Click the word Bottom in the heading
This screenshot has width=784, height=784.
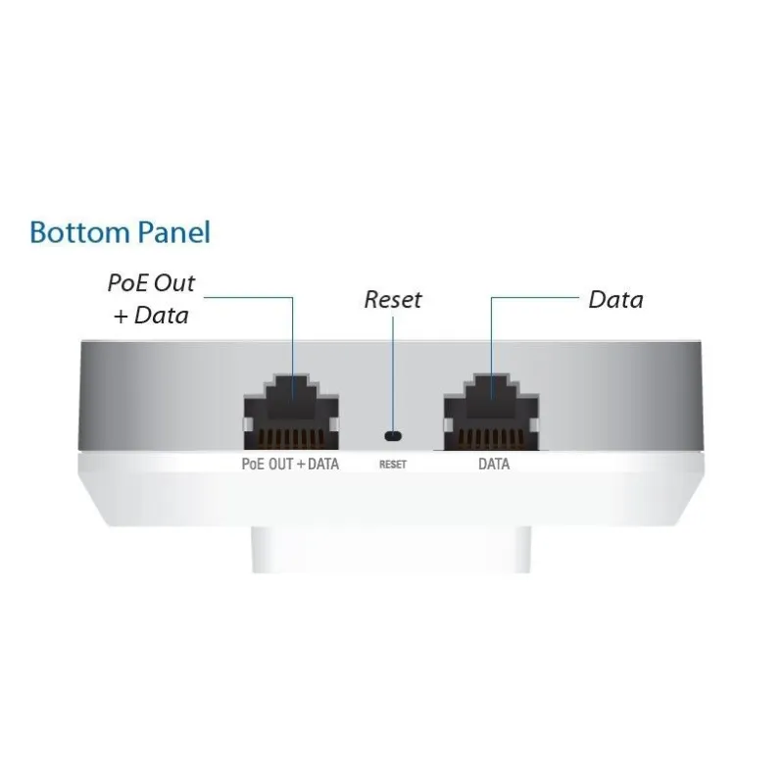[79, 232]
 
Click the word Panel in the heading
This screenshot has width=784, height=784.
[173, 232]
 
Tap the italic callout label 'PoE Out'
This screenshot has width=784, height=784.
[151, 283]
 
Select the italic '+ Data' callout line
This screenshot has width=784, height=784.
[151, 316]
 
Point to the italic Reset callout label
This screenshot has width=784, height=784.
[393, 300]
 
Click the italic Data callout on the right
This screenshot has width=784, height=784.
[616, 300]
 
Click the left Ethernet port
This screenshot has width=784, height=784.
[291, 412]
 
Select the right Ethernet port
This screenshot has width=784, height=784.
[492, 412]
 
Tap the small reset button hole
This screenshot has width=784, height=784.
[393, 436]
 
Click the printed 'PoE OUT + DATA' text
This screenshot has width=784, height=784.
[290, 464]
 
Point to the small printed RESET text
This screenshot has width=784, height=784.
[393, 465]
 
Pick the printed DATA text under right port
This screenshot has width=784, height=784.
[494, 464]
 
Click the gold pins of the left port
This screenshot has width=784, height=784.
[291, 438]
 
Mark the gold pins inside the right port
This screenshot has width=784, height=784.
[492, 438]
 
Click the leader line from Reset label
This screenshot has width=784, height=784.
[393, 373]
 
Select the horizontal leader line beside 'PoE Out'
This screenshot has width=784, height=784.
[249, 298]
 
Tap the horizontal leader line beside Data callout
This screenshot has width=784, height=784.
[535, 298]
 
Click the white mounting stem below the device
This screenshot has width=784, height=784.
[391, 549]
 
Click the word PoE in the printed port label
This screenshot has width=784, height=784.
[253, 464]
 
